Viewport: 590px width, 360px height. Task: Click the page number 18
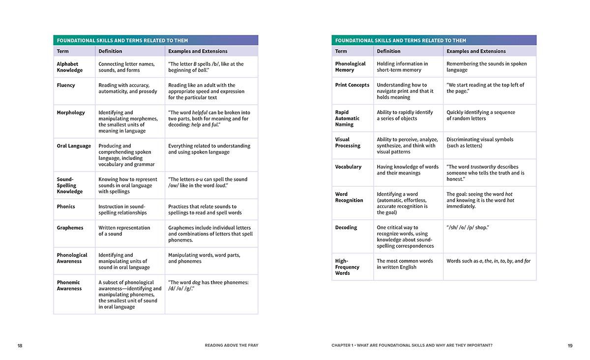pyautogui.click(x=20, y=346)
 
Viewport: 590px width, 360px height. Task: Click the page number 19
pyautogui.click(x=570, y=346)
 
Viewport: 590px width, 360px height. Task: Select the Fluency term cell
pyautogui.click(x=66, y=85)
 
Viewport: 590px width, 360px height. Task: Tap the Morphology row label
pyautogui.click(x=71, y=113)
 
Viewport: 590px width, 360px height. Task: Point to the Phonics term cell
pyautogui.click(x=66, y=207)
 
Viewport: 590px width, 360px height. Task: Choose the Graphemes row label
pyautogui.click(x=70, y=228)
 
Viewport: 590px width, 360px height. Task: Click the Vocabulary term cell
pyautogui.click(x=348, y=167)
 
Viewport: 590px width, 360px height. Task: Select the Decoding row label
pyautogui.click(x=346, y=228)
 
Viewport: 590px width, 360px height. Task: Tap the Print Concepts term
pyautogui.click(x=352, y=85)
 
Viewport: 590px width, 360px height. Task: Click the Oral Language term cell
pyautogui.click(x=74, y=146)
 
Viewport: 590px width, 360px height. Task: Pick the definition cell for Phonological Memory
pyautogui.click(x=402, y=67)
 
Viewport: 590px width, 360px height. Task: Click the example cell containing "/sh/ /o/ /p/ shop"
pyautogui.click(x=468, y=228)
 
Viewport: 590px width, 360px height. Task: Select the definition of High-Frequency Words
pyautogui.click(x=405, y=264)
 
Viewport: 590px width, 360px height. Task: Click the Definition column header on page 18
pyautogui.click(x=110, y=51)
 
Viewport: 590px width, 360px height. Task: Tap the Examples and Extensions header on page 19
pyautogui.click(x=476, y=51)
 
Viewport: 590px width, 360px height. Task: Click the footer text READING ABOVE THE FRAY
pyautogui.click(x=232, y=346)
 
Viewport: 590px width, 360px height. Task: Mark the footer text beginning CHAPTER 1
pyautogui.click(x=412, y=346)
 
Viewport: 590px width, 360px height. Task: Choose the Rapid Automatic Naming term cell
pyautogui.click(x=347, y=119)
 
